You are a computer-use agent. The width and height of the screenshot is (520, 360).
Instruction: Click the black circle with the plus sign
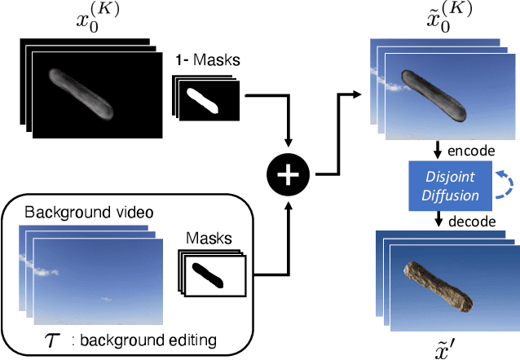pos(289,174)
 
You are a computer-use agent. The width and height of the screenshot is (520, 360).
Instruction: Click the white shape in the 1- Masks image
pos(205,100)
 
